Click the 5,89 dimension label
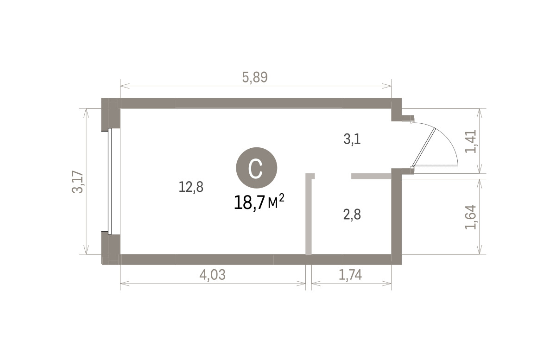[255, 77]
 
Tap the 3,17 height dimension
[77, 182]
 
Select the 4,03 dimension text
[213, 275]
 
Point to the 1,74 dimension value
[350, 275]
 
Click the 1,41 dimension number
[471, 141]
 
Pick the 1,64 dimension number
[471, 217]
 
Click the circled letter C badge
[256, 168]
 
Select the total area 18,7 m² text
[259, 202]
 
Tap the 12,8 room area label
[191, 187]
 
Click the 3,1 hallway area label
[352, 139]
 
